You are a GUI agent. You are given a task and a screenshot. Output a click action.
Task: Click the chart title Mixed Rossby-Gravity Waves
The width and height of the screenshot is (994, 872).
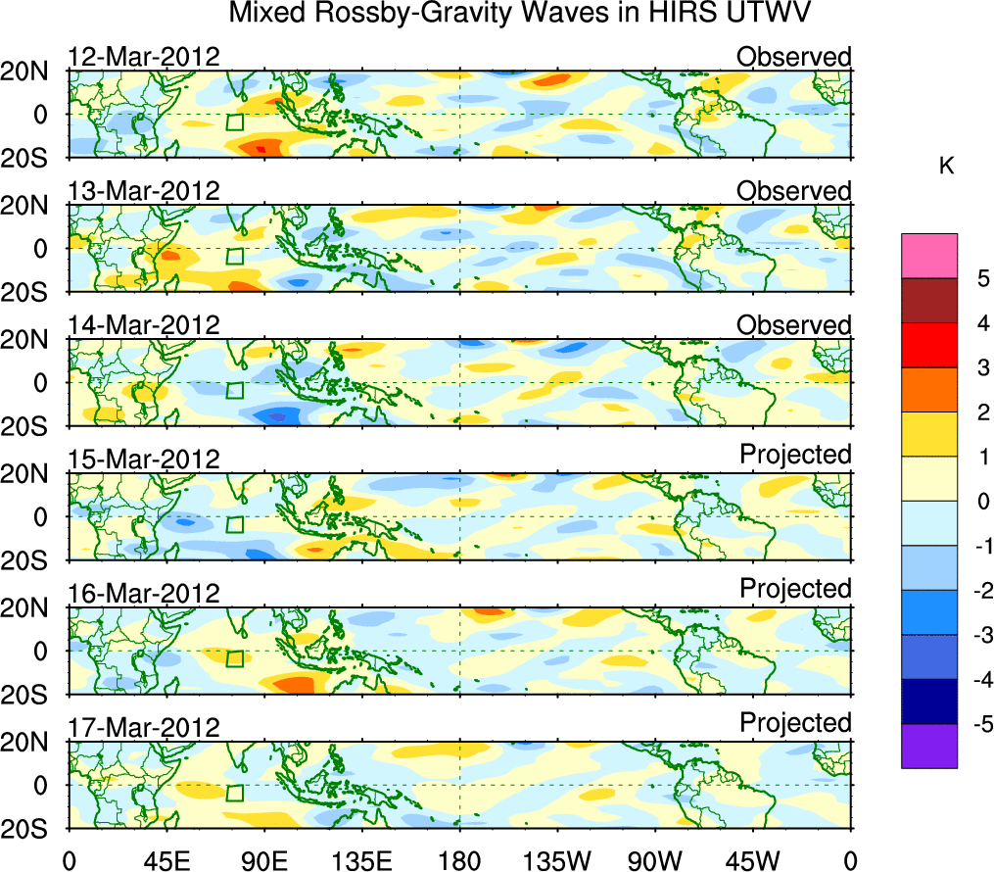click(520, 14)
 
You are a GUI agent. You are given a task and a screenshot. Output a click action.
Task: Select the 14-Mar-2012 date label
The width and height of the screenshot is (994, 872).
click(143, 325)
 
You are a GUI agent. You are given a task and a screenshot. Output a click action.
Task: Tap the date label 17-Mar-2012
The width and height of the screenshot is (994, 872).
click(143, 728)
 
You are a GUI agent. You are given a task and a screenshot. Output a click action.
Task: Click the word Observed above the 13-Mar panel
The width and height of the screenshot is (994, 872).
click(793, 191)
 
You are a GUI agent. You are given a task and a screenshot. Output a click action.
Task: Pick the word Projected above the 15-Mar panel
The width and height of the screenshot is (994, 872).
click(795, 455)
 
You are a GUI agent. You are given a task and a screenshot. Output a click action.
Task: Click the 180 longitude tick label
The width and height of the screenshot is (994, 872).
click(459, 860)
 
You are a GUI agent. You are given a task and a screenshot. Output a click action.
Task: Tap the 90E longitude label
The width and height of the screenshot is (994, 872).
click(263, 860)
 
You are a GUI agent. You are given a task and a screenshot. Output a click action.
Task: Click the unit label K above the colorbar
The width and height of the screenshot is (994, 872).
click(946, 168)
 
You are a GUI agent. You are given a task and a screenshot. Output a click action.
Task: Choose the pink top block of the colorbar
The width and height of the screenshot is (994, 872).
click(928, 257)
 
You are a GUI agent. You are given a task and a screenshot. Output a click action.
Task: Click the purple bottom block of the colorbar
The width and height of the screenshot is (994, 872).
click(928, 747)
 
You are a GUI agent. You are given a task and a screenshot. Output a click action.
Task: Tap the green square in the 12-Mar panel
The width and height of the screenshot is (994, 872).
click(234, 122)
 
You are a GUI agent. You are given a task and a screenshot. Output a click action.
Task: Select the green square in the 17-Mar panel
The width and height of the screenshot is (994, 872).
click(234, 794)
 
